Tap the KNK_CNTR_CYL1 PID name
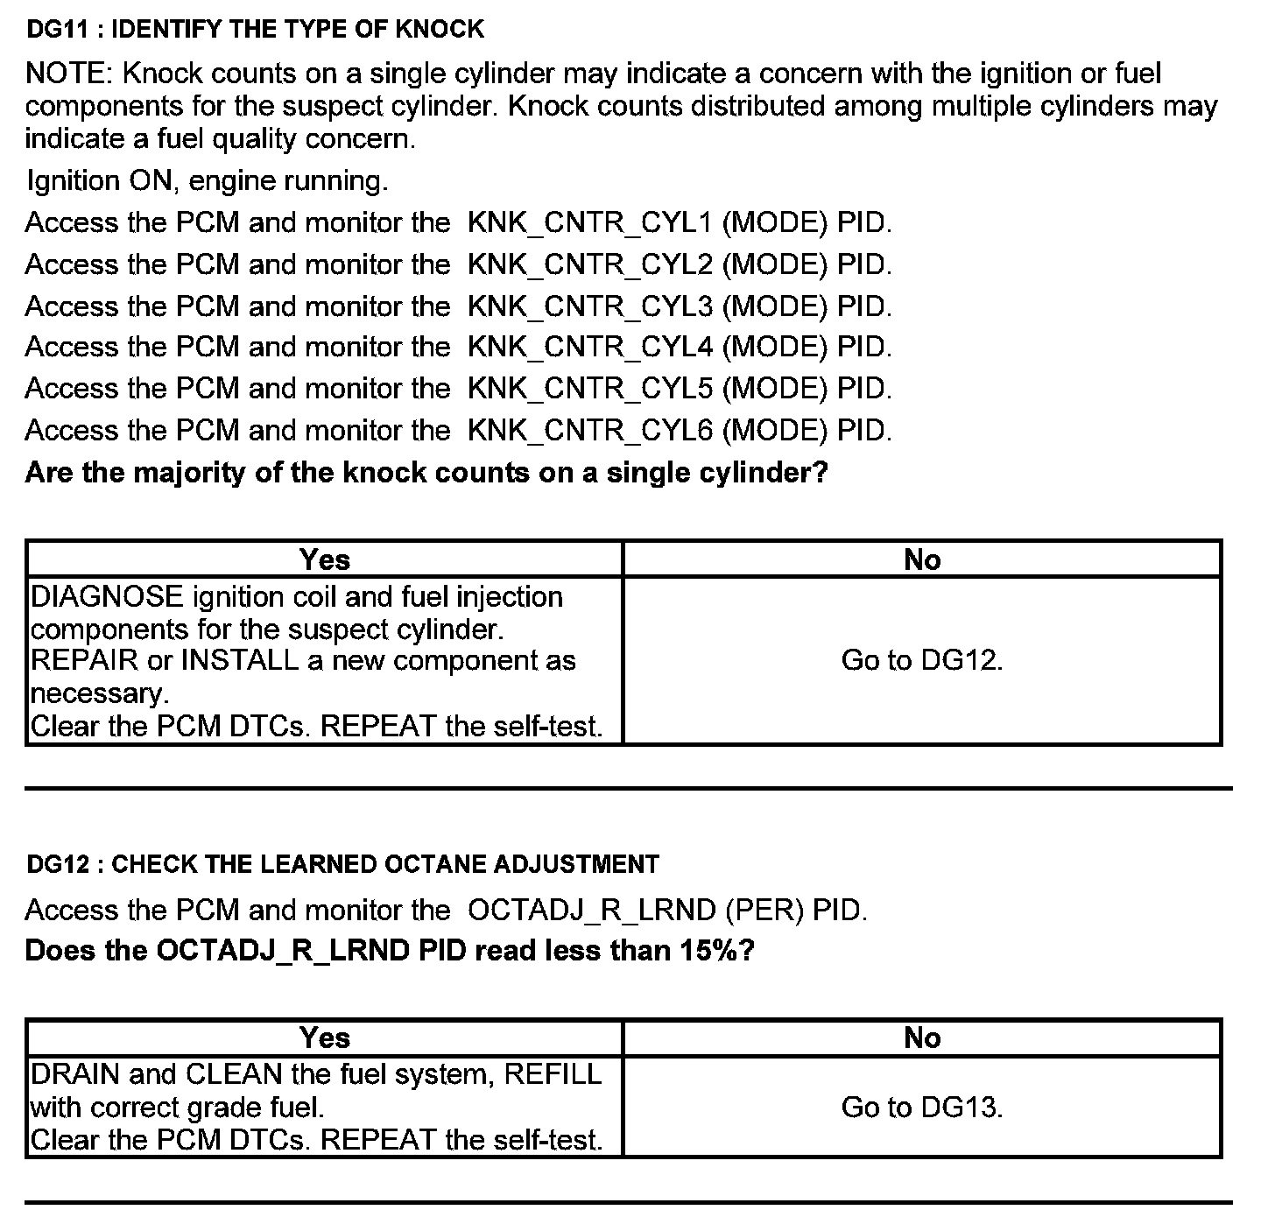[590, 223]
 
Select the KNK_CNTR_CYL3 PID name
[590, 306]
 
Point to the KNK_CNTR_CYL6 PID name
[590, 431]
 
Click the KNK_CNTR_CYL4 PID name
[590, 348]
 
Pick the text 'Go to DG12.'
[921, 660]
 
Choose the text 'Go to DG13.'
[921, 1108]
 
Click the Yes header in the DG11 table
[324, 559]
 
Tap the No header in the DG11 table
[921, 559]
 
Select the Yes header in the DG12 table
[324, 1038]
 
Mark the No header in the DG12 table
[921, 1038]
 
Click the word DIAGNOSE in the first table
[107, 597]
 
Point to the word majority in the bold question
[183, 473]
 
